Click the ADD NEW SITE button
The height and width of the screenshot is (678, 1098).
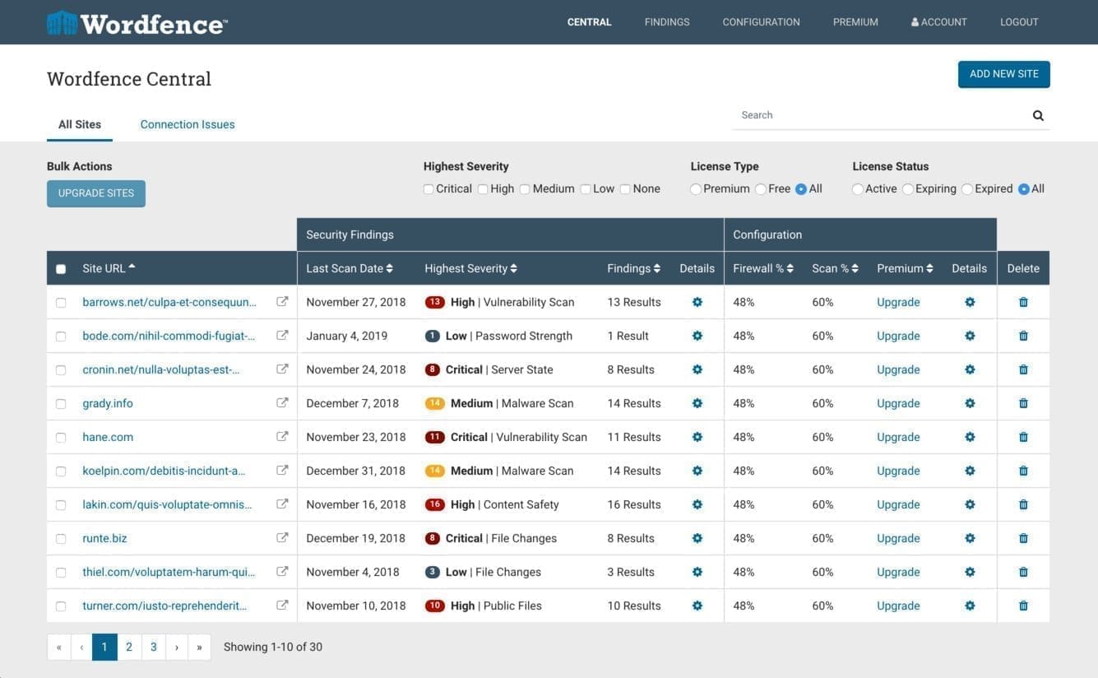point(1003,74)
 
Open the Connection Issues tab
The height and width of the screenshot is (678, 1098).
point(188,124)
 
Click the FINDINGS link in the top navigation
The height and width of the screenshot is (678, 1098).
point(667,22)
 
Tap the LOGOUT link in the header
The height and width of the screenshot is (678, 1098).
point(1019,22)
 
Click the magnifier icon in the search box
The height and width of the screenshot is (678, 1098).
point(1038,116)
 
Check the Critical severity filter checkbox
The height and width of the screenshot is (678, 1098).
point(429,189)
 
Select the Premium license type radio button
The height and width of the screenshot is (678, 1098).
point(696,189)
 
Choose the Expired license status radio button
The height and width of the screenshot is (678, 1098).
point(967,189)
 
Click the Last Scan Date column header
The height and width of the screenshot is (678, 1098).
point(349,268)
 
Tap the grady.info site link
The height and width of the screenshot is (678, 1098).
point(108,403)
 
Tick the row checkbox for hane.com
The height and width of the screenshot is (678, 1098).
point(61,438)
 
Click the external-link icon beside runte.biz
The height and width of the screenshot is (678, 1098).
point(282,538)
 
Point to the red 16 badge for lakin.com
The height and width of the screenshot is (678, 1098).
point(435,504)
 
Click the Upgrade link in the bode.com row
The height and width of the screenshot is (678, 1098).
point(898,336)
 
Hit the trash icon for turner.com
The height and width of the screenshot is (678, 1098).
point(1023,606)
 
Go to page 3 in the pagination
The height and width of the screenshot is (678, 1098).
point(154,647)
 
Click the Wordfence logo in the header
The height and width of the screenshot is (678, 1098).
point(137,23)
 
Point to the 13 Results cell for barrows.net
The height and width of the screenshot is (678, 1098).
point(634,302)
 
